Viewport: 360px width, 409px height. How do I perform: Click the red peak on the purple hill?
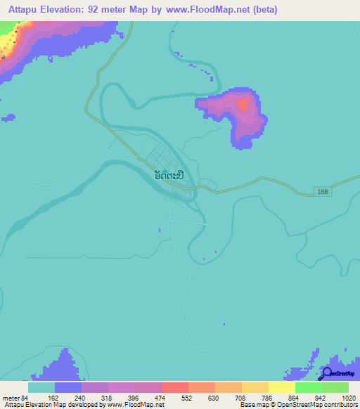point(243,105)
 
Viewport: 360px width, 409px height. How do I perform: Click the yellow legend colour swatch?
point(282,387)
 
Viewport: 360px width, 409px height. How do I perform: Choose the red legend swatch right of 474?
point(175,387)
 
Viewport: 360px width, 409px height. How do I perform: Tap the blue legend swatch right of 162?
point(68,387)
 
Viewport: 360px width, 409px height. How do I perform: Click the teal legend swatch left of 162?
point(41,387)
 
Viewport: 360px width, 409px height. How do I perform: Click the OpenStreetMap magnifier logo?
point(326,373)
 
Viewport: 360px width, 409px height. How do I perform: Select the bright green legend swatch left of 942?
point(309,387)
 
